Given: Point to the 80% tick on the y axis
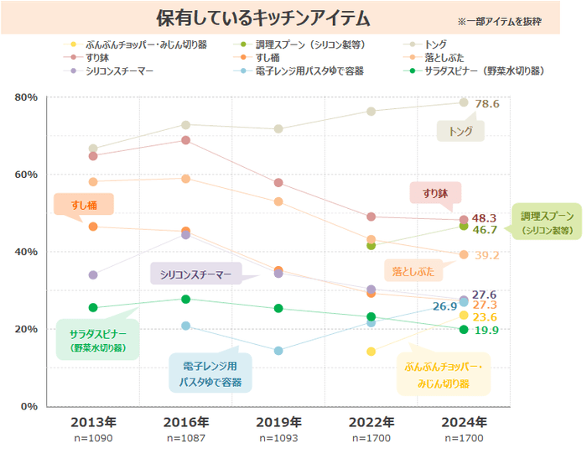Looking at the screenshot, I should tap(27, 97).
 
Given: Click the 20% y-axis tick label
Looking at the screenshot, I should tap(27, 329).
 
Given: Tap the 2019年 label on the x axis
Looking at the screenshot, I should tap(278, 421).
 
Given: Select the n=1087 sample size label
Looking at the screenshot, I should tap(185, 438).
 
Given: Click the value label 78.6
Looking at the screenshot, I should tap(487, 104).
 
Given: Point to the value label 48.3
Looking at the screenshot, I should tap(485, 218).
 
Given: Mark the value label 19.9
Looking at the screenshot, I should tap(486, 331).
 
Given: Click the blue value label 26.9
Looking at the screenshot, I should tap(444, 307).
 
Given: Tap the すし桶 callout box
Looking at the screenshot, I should tap(83, 204).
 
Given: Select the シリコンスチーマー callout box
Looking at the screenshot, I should tap(195, 274).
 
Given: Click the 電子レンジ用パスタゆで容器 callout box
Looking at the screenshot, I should tap(210, 373).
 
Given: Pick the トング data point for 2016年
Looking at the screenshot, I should tap(186, 125).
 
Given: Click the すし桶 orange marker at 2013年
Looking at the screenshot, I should tap(93, 227).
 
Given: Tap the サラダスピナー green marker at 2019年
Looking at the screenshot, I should tap(278, 308).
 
